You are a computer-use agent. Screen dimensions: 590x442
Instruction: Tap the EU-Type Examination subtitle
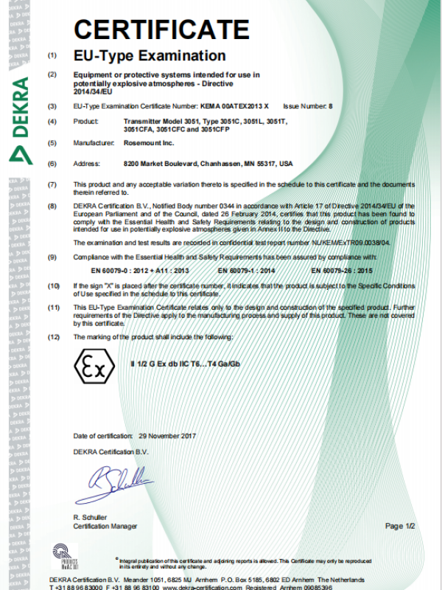pyautogui.click(x=150, y=55)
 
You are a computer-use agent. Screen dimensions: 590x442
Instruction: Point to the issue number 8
pyautogui.click(x=331, y=106)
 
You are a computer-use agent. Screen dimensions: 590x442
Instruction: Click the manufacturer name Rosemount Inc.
pyautogui.click(x=150, y=142)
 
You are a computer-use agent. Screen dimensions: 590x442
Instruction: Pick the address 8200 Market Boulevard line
pyautogui.click(x=208, y=163)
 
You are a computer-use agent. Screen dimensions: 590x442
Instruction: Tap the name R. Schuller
pyautogui.click(x=90, y=519)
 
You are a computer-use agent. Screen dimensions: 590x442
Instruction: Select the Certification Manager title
pyautogui.click(x=105, y=527)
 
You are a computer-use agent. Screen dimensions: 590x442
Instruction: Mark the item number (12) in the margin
pyautogui.click(x=53, y=337)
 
